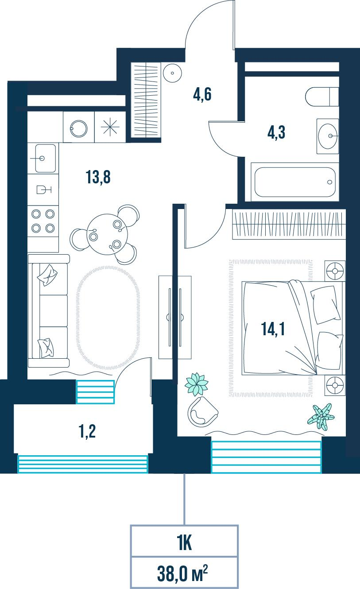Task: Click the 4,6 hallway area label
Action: click(x=202, y=94)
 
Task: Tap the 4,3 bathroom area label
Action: click(x=276, y=132)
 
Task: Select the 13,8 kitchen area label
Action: click(x=98, y=177)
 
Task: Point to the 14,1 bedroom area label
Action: click(x=273, y=329)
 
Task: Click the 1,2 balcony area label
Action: click(x=87, y=431)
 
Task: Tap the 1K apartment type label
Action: click(x=185, y=543)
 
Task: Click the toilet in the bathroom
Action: click(x=321, y=97)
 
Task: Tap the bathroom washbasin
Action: click(x=327, y=136)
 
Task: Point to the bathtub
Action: click(x=295, y=182)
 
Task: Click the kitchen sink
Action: click(x=43, y=158)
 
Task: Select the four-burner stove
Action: click(x=43, y=221)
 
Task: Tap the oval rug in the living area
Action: click(x=108, y=318)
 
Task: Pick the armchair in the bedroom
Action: click(x=202, y=412)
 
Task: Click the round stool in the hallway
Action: click(x=172, y=73)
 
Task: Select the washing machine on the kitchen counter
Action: click(x=78, y=127)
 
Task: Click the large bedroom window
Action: click(x=266, y=457)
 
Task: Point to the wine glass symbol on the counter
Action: click(x=44, y=190)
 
